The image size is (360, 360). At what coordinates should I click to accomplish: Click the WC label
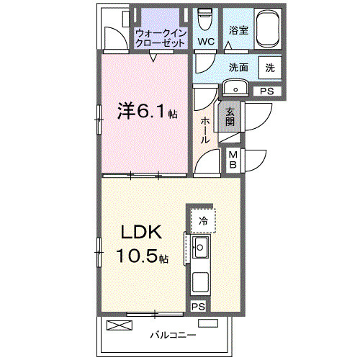[207, 42]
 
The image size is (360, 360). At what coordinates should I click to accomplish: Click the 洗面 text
[239, 67]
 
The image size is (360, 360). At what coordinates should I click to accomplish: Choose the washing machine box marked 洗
[270, 67]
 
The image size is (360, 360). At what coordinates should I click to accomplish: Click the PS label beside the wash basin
[267, 91]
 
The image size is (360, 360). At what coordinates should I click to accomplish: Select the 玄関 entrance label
[230, 117]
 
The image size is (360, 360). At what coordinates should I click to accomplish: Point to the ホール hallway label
[206, 130]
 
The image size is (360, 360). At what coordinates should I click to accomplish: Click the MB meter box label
[234, 161]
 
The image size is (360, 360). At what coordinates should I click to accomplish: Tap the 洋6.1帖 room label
[148, 112]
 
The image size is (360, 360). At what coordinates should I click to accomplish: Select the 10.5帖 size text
[143, 256]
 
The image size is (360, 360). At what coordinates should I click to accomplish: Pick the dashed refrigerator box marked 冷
[204, 220]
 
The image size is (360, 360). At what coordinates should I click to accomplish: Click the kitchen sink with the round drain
[201, 250]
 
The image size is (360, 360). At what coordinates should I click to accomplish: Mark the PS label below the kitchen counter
[197, 307]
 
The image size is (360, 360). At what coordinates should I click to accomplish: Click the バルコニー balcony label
[173, 335]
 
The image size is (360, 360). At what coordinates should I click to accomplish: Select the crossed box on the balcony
[119, 325]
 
